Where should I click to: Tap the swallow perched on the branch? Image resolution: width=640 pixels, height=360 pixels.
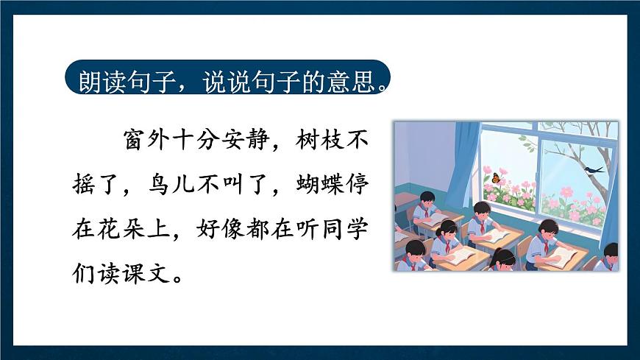coord(594,170)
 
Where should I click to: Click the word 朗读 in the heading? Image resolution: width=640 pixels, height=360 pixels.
coord(98,78)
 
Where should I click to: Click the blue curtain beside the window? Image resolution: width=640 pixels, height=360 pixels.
coord(463,158)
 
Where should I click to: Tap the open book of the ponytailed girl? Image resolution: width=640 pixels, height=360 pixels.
coord(461,255)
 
